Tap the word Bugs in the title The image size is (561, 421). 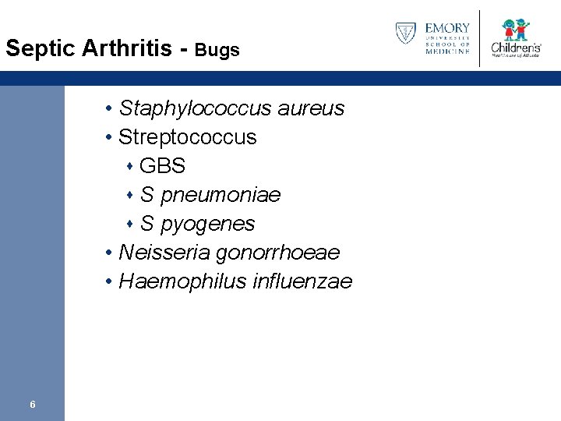[x=217, y=50]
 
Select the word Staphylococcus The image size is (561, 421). [x=186, y=108]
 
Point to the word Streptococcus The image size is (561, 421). [x=187, y=137]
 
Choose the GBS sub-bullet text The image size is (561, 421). [x=162, y=166]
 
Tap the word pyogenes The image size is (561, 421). [x=207, y=224]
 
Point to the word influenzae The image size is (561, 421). [x=302, y=281]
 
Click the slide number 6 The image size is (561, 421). [x=32, y=404]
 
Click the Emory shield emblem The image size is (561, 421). [x=405, y=34]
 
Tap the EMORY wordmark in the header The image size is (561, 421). [x=447, y=29]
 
